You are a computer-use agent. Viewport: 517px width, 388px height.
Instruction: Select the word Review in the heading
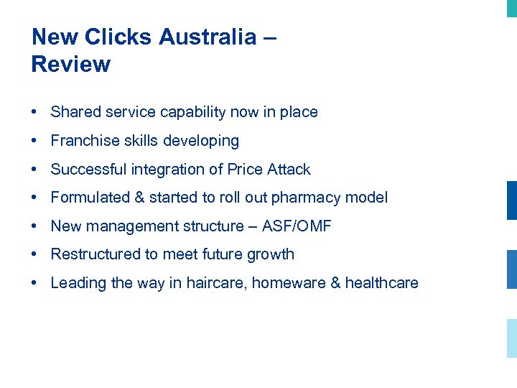click(71, 65)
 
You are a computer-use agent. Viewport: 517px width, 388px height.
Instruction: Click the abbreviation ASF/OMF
click(297, 226)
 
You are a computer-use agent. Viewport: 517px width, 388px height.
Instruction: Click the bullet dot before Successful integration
click(34, 170)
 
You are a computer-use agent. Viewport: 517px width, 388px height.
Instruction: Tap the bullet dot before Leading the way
click(34, 283)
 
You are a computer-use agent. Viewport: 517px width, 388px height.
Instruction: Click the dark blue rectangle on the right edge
click(511, 200)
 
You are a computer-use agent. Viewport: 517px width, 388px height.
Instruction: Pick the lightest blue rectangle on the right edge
click(511, 338)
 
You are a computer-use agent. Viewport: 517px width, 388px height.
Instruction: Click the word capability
click(193, 112)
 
